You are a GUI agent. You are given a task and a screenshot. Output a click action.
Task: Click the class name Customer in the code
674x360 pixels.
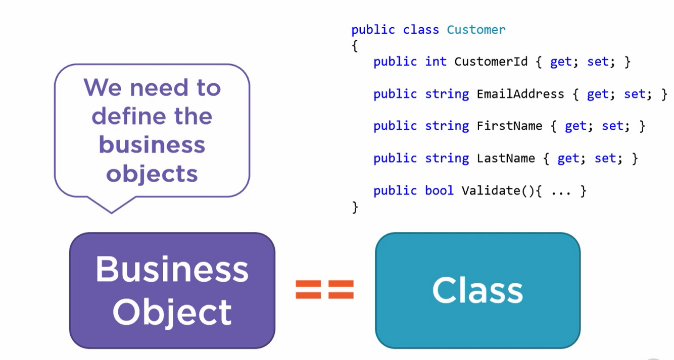(476, 30)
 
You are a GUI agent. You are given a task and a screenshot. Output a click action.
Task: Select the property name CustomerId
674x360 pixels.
(491, 62)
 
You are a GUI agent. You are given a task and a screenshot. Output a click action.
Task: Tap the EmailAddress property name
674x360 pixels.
(520, 94)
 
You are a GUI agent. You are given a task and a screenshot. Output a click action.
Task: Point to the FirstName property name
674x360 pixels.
(509, 126)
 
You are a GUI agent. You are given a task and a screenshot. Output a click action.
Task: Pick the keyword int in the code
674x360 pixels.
(436, 62)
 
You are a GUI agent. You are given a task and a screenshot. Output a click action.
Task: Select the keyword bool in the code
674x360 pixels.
(439, 191)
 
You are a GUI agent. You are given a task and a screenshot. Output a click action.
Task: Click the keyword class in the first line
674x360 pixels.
(421, 30)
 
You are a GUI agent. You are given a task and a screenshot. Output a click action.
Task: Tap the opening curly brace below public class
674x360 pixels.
(355, 46)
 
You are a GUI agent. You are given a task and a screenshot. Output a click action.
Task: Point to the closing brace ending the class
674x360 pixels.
(355, 207)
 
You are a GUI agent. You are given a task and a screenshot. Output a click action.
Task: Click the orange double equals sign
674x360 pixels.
(325, 290)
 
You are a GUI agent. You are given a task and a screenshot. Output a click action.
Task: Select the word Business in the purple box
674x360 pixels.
(172, 269)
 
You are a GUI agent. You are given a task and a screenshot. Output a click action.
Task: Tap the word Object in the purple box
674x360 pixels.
(172, 312)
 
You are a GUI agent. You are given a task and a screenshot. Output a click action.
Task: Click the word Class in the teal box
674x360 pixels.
(477, 291)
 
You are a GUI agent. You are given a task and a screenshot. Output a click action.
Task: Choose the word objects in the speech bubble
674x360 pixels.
(152, 174)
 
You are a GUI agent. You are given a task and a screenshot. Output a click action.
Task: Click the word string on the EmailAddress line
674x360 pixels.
(447, 94)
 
